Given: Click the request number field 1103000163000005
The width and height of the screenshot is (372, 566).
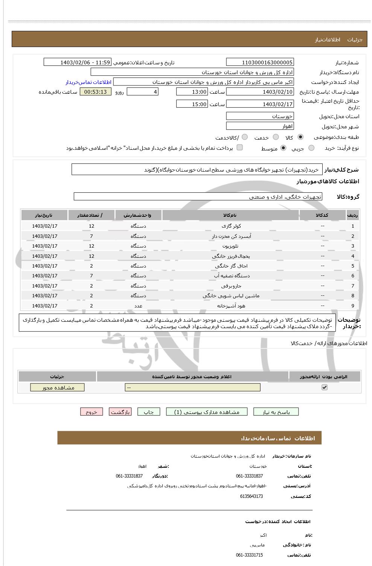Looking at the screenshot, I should tap(260, 62).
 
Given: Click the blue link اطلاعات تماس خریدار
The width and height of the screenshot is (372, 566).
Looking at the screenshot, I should tap(88, 82).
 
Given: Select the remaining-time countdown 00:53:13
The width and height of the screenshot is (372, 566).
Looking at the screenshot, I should tap(95, 92).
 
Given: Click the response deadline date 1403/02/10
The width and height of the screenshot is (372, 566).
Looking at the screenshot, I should tap(260, 92).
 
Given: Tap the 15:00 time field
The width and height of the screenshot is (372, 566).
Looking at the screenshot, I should tap(192, 104).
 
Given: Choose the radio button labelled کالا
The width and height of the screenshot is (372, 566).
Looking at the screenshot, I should tap(300, 137).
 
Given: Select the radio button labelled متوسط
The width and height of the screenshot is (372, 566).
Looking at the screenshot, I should tap(283, 148).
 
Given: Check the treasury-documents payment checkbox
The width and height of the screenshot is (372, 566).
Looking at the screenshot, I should tap(239, 148).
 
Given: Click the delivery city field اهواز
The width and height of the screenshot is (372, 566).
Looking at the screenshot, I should tap(260, 126).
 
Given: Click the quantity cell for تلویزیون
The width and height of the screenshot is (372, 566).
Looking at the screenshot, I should tap(91, 246).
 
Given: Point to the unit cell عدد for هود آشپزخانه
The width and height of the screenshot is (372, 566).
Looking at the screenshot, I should tap(138, 306).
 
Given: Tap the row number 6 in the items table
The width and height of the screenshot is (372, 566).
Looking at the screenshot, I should tap(353, 276).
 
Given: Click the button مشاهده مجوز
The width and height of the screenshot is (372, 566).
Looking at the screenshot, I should tap(58, 388).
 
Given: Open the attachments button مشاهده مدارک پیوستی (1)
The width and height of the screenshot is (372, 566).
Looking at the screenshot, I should tap(207, 412).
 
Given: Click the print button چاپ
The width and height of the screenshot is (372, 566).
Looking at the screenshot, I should tap(149, 412).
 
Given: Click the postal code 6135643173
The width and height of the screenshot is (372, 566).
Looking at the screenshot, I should tap(251, 496).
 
